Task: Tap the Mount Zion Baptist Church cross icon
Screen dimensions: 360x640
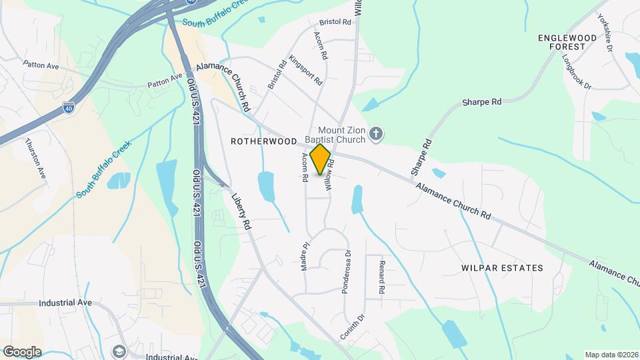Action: pyautogui.click(x=376, y=135)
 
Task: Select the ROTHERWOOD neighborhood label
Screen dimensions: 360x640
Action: pyautogui.click(x=263, y=141)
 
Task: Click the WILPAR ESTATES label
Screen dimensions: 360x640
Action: pyautogui.click(x=502, y=268)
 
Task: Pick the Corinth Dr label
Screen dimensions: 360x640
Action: pyautogui.click(x=354, y=327)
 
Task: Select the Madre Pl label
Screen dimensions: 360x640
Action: pyautogui.click(x=304, y=253)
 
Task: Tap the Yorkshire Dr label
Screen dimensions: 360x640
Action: pyautogui.click(x=605, y=33)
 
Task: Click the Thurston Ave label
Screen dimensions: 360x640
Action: pyautogui.click(x=35, y=158)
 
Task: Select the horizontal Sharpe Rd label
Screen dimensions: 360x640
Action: pyautogui.click(x=482, y=103)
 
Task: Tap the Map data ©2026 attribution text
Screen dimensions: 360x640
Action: pyautogui.click(x=610, y=354)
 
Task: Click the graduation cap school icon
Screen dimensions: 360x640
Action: pyautogui.click(x=119, y=351)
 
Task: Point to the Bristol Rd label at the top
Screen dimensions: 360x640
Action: pyautogui.click(x=335, y=22)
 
